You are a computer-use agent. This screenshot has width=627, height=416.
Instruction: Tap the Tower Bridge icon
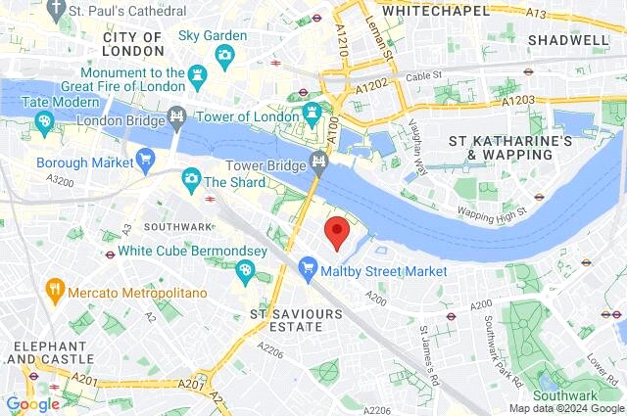pos(317,161)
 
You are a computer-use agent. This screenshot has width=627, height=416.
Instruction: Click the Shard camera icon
pos(191,180)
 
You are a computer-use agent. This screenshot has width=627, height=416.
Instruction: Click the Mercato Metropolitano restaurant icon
pos(54,291)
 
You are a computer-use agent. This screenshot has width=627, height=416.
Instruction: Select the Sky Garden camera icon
pos(225,54)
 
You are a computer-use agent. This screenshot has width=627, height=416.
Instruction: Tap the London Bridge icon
pos(176,116)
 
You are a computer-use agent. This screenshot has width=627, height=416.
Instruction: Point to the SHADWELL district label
pos(567,39)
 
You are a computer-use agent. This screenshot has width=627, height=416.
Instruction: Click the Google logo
pos(32,403)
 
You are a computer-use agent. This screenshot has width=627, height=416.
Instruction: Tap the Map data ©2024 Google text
pos(565,408)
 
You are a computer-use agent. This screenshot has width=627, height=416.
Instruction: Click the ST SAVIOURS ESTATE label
pos(296,321)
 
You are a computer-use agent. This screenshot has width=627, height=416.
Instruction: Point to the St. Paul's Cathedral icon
pos(57,9)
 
